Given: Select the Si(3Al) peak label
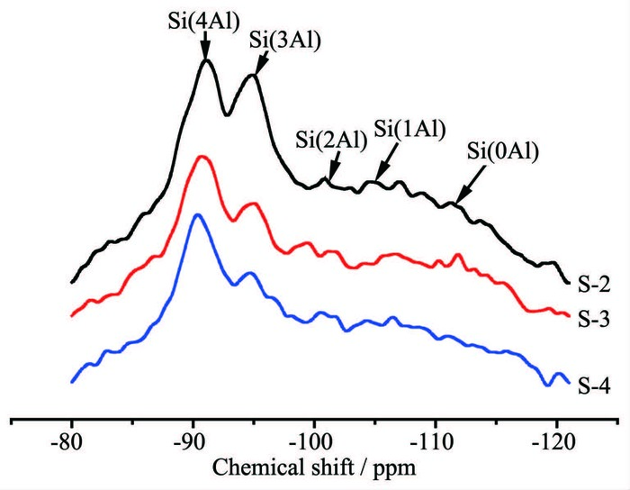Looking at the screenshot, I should point(275,39).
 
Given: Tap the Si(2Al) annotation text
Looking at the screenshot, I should point(330,139).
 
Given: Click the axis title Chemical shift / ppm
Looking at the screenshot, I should point(311,469).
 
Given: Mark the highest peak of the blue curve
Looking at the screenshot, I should point(198,214).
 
